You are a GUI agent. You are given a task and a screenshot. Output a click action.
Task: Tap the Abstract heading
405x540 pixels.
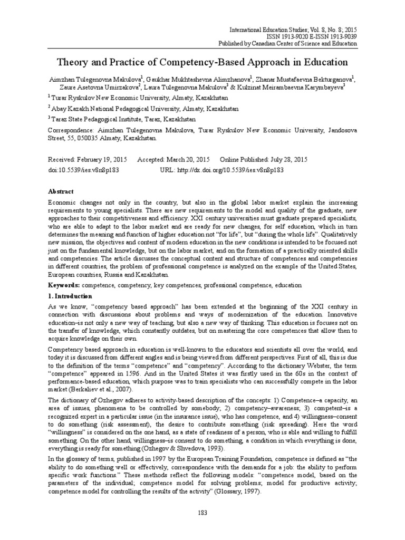(x=61, y=191)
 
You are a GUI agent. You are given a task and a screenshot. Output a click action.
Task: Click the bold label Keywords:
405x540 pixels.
(x=65, y=285)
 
